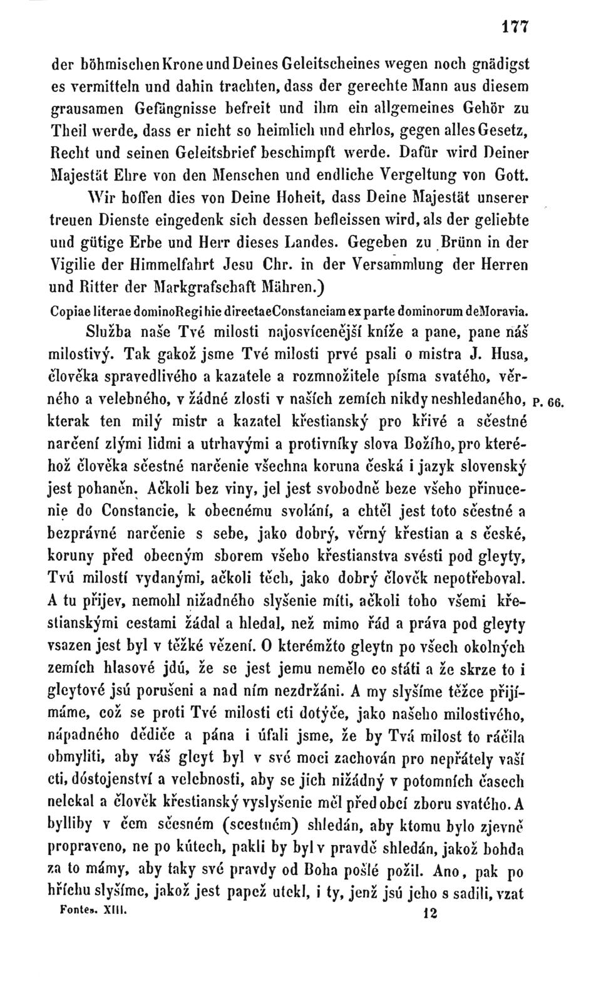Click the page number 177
click(x=515, y=28)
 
